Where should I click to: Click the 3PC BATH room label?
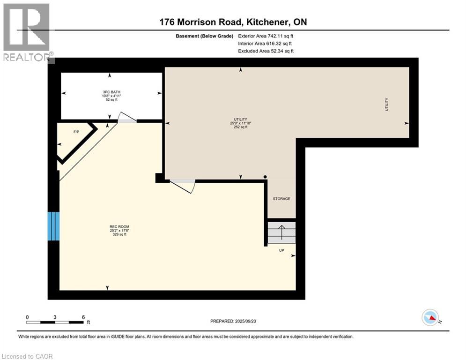(111, 92)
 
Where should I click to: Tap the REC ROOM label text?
(119, 227)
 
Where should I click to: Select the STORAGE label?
(281, 199)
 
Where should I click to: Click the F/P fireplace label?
(76, 132)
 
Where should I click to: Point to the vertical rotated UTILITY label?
(387, 105)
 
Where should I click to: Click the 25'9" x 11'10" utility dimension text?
(240, 123)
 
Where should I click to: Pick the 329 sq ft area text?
(119, 234)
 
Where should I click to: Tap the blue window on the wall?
(53, 226)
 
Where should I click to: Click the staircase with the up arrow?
(281, 232)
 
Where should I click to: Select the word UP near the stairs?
(281, 250)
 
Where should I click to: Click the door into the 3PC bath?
(126, 118)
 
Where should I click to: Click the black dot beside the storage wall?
(265, 177)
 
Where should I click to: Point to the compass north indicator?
(430, 317)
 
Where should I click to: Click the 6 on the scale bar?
(83, 317)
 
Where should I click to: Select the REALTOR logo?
(28, 32)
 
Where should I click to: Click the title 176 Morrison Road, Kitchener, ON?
(233, 22)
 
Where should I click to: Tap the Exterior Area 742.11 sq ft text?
(266, 36)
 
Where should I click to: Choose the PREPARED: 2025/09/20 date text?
(233, 321)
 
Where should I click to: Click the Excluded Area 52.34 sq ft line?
(266, 51)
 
